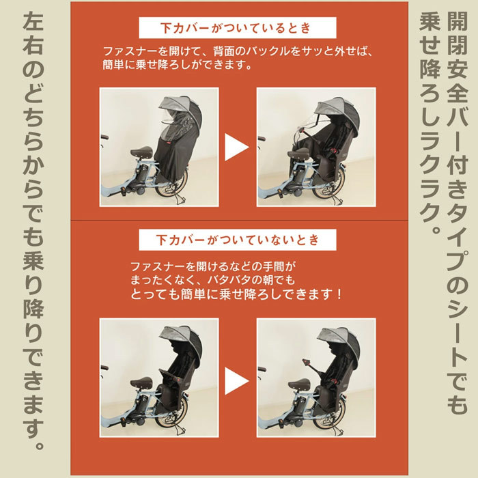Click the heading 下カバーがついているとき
(x=236, y=28)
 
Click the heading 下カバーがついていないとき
(x=237, y=240)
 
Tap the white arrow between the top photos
(x=236, y=147)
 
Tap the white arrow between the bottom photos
(x=236, y=381)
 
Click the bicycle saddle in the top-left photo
(x=141, y=152)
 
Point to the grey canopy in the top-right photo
(x=337, y=111)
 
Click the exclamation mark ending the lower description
(x=339, y=294)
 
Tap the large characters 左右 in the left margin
(x=33, y=33)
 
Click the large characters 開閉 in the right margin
(x=457, y=33)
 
